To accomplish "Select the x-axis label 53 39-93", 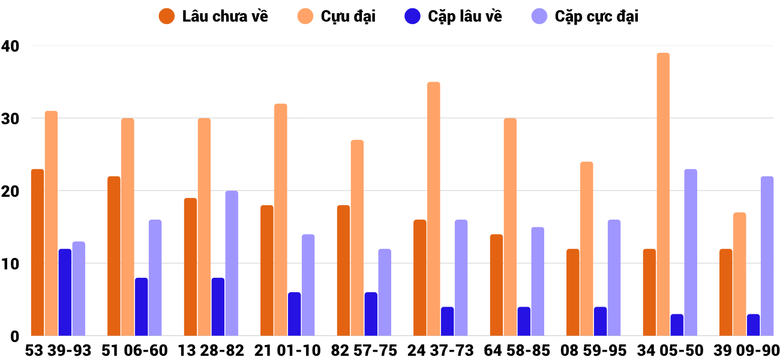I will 58,350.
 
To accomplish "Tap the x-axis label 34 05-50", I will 670,350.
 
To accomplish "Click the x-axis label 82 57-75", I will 364,350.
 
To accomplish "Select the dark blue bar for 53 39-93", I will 65,292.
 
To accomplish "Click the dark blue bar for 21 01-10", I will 295,314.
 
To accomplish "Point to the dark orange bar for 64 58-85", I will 496,285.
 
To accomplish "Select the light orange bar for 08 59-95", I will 586,248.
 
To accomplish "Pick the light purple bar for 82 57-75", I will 385,292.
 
